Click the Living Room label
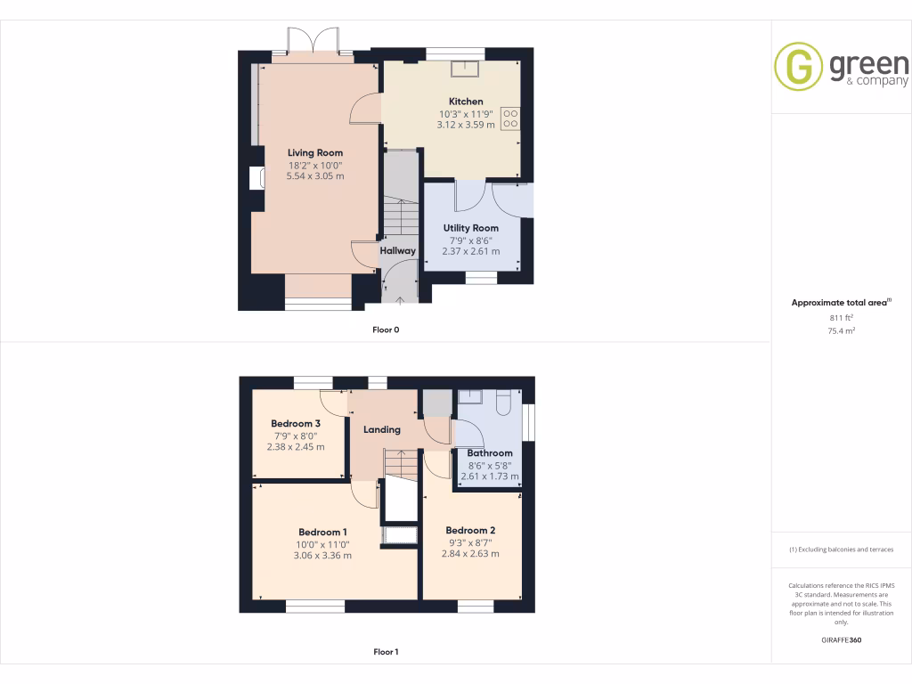click(x=314, y=152)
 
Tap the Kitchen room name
click(x=466, y=102)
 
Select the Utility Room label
click(x=470, y=228)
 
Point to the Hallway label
click(x=397, y=250)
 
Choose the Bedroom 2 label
click(x=470, y=530)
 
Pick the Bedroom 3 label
click(x=296, y=423)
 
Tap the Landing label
click(x=381, y=429)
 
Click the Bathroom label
click(x=490, y=452)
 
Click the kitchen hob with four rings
click(x=510, y=118)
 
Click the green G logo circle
click(x=798, y=66)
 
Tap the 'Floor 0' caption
click(x=386, y=330)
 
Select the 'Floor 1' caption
click(x=386, y=652)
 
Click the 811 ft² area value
click(x=841, y=317)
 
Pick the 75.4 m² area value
click(x=841, y=330)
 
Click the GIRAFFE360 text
click(x=841, y=639)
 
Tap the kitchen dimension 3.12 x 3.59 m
click(x=466, y=125)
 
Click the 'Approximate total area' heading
click(x=840, y=303)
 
